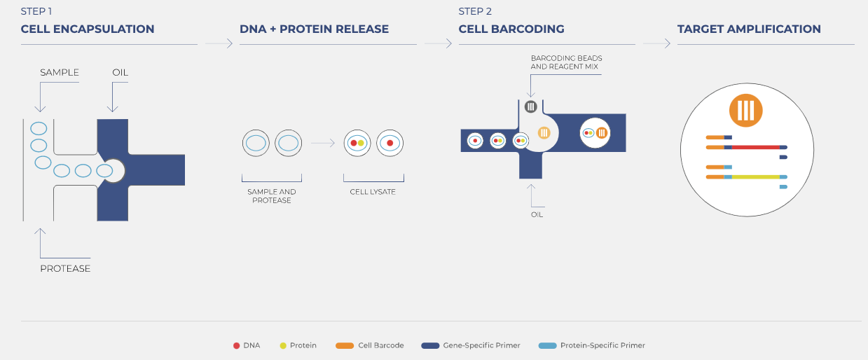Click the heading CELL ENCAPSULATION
(x=88, y=29)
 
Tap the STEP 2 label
(x=475, y=12)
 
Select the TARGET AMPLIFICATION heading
(x=749, y=29)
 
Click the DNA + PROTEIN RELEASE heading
(x=315, y=29)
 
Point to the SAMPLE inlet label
(x=60, y=72)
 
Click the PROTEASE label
(x=65, y=268)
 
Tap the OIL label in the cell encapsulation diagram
(x=120, y=72)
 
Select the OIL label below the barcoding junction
(x=537, y=215)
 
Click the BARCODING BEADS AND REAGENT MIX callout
(x=566, y=62)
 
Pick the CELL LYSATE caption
(x=373, y=192)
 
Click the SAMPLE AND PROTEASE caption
(x=272, y=196)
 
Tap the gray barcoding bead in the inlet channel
(x=531, y=106)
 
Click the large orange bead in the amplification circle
(x=746, y=111)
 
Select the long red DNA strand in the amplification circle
(x=756, y=147)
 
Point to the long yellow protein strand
(x=756, y=177)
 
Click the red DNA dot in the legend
(x=236, y=346)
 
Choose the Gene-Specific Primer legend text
(x=482, y=345)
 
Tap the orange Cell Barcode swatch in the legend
(x=345, y=346)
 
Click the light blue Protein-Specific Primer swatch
(x=548, y=346)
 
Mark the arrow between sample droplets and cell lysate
(x=323, y=143)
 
